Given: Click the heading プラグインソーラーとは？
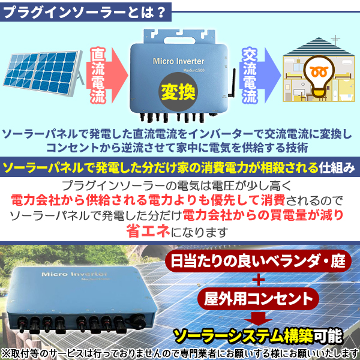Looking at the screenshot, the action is coord(85,12).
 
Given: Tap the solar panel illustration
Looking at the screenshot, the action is coord(44,73).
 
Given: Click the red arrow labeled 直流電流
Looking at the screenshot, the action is coord(107,75).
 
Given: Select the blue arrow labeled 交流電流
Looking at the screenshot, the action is coord(260,75).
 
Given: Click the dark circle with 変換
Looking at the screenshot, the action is coord(178,92).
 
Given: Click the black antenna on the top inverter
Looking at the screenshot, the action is coord(232,83).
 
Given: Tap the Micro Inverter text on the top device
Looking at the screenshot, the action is coord(178,61).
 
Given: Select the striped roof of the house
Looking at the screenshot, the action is coord(318,47).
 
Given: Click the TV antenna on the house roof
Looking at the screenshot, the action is coord(335,40).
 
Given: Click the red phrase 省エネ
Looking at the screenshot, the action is coord(148,232).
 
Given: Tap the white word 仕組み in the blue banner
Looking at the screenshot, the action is coord(337,168).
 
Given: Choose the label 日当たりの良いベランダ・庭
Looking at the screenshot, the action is coord(258,261).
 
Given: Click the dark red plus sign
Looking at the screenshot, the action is coord(259,280).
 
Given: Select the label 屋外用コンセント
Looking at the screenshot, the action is coord(258,299).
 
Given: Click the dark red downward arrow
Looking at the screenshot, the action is coord(258,318).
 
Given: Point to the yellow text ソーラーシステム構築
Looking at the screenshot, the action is coord(243,337).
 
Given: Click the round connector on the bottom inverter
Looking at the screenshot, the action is coord(138,321).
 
